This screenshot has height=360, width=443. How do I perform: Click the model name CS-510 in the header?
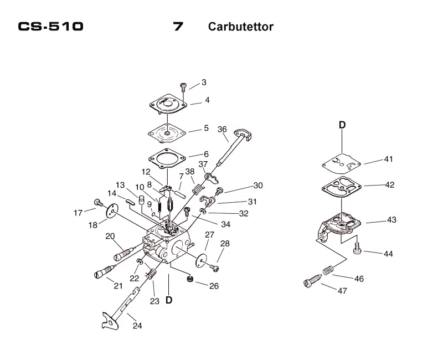point(50,26)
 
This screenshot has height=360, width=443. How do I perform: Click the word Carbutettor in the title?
point(241,27)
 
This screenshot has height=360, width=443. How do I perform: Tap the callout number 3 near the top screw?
point(204,82)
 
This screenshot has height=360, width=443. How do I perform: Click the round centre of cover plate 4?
point(168,102)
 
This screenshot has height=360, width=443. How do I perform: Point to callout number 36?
point(222,129)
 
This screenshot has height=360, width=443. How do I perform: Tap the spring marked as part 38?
point(198,189)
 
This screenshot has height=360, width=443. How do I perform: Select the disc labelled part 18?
point(112,210)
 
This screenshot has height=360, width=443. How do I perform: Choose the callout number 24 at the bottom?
point(137,326)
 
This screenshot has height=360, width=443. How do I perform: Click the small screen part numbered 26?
point(189,279)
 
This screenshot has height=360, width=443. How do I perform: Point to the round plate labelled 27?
point(201,260)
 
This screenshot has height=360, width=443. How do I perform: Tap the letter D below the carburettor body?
point(169,300)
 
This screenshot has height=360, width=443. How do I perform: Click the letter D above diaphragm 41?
point(342,125)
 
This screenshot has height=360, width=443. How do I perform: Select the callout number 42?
point(390,184)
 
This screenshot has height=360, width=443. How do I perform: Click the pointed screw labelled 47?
point(312,281)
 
